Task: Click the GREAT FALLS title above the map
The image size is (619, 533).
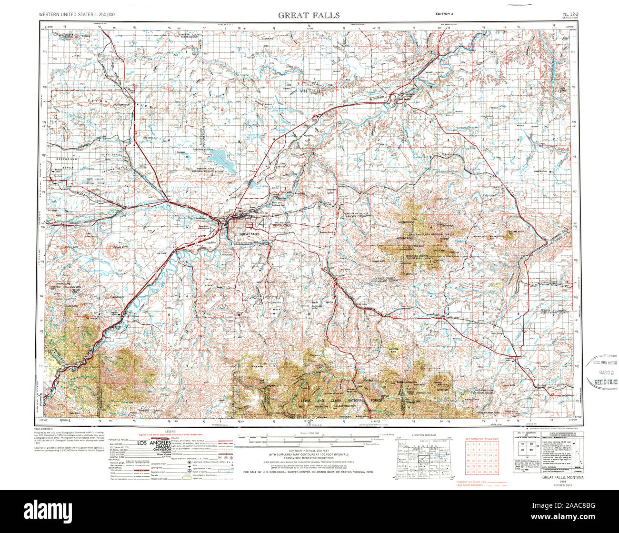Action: point(309,15)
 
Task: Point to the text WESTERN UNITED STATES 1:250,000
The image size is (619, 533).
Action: point(77,15)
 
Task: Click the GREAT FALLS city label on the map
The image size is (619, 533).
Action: point(249,234)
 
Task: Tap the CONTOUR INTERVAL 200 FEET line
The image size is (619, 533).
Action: point(309,450)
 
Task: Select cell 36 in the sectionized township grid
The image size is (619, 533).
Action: point(496,472)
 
